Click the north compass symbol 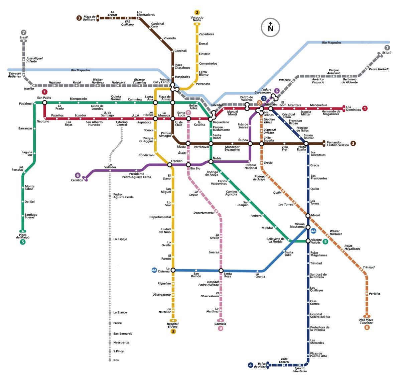tap(270, 27)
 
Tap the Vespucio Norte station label tap(197, 19)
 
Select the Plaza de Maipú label tap(23, 236)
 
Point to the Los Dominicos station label tap(353, 108)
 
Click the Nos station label tap(116, 360)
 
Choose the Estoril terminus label tap(387, 53)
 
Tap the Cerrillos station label tap(77, 180)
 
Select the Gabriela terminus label tap(220, 324)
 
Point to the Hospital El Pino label tap(173, 325)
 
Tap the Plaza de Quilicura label tap(90, 18)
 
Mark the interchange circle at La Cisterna tap(173, 269)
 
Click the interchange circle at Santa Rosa tap(221, 271)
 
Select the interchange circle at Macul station tap(308, 216)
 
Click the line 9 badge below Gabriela tap(221, 329)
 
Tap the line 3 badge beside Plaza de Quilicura tap(79, 18)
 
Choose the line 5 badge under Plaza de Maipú tap(22, 242)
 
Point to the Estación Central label tap(122, 124)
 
